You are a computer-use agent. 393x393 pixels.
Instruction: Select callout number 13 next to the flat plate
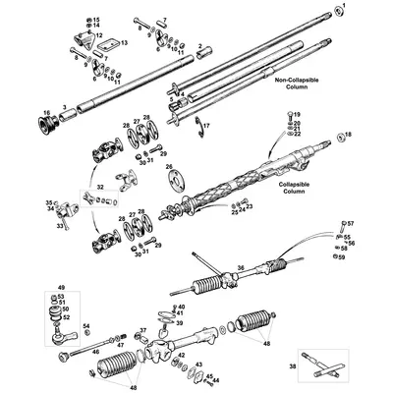click(125, 43)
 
